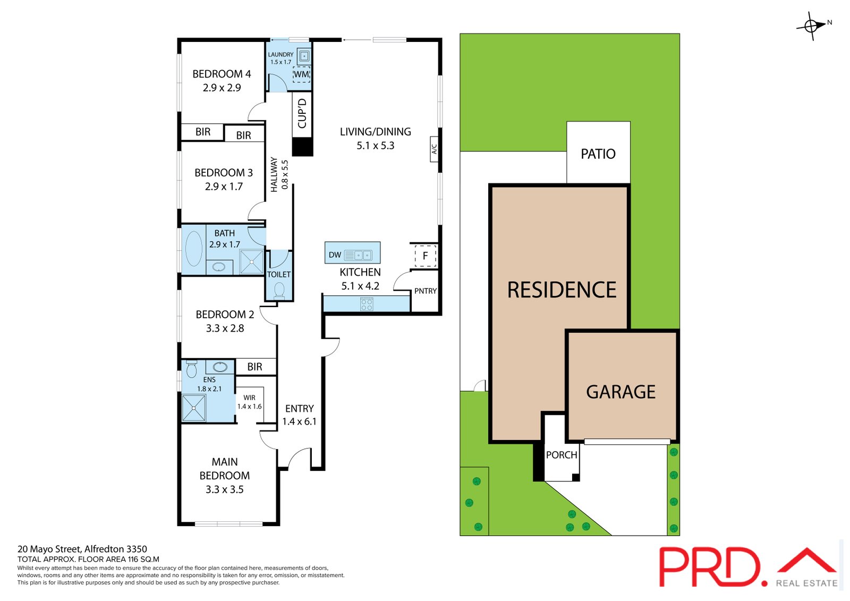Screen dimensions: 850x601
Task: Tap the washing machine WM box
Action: click(x=302, y=74)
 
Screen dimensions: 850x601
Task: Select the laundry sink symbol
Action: click(x=303, y=56)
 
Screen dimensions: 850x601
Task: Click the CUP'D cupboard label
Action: click(x=302, y=114)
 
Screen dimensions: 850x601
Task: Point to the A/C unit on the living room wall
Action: click(x=434, y=149)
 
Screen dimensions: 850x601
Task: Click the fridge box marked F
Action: click(x=426, y=256)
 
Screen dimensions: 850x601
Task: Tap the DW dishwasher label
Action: click(x=335, y=255)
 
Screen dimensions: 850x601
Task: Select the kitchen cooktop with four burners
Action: click(x=367, y=304)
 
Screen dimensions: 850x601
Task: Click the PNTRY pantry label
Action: click(x=426, y=291)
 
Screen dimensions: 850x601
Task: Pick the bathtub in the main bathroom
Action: click(x=194, y=249)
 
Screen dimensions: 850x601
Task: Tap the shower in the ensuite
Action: click(x=193, y=408)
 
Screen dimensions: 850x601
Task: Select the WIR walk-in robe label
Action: click(x=249, y=397)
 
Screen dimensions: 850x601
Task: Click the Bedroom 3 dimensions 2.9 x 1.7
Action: click(x=224, y=187)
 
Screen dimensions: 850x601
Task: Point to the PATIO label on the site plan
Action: click(x=598, y=154)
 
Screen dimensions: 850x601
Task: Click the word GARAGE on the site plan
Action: click(x=621, y=392)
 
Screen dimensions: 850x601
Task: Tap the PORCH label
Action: click(x=562, y=455)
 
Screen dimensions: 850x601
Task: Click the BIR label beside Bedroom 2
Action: click(x=254, y=367)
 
